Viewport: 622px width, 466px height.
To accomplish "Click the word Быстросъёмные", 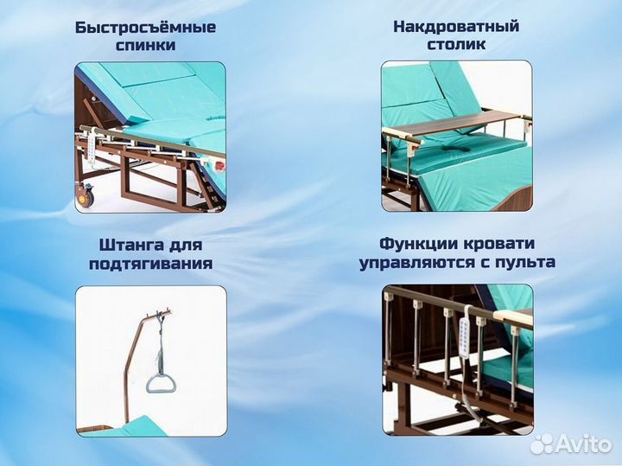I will click(145, 27).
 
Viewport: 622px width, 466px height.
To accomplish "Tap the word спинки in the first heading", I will click(145, 45).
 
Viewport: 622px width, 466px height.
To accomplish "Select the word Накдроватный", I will click(456, 26).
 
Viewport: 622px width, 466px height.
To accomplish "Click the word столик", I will click(456, 44).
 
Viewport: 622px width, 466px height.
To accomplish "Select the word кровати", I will click(498, 244).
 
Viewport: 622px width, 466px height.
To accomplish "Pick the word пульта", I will click(524, 263).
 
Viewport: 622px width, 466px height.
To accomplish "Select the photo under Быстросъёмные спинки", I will click(150, 137).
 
